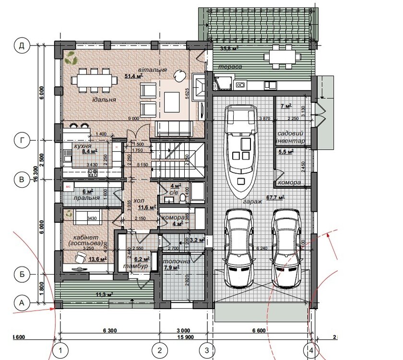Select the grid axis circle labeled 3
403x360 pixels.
click(x=207, y=351)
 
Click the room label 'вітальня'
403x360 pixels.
click(x=153, y=70)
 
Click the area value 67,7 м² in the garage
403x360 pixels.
click(x=275, y=197)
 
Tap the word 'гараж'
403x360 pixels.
click(x=252, y=202)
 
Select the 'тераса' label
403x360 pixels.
click(x=230, y=67)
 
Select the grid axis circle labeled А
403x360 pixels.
click(x=21, y=302)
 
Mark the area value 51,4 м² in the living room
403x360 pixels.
click(x=133, y=76)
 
